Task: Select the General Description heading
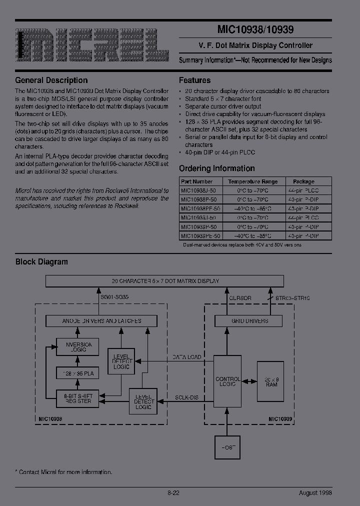point(51,80)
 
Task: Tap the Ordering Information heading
point(216,168)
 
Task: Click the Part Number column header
point(197,181)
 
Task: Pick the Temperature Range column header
point(253,181)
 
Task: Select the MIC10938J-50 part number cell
point(198,190)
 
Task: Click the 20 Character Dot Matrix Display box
point(165,281)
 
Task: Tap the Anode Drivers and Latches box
point(101,320)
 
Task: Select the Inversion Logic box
point(77,347)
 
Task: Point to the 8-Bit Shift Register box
point(77,398)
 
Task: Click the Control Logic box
point(227,382)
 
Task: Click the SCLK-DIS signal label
point(186,397)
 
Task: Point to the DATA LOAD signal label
point(187,357)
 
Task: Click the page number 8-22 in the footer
point(173,492)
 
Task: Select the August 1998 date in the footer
point(315,492)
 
